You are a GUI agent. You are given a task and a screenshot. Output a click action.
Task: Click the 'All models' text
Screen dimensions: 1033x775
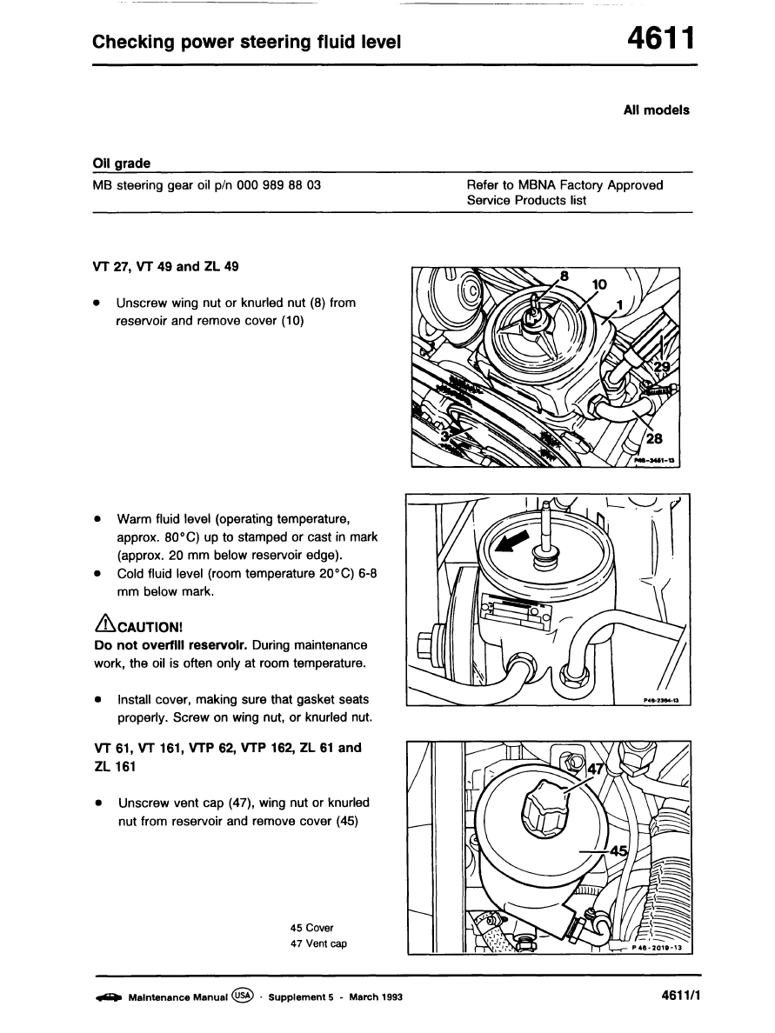click(x=656, y=110)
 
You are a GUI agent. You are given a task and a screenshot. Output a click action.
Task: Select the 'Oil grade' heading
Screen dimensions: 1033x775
click(x=122, y=163)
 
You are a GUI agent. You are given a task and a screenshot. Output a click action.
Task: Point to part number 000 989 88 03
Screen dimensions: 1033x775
click(x=278, y=185)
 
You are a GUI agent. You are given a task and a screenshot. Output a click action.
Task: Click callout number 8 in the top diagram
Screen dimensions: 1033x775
click(x=564, y=276)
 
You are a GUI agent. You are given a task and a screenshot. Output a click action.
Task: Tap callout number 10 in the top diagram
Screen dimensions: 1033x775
click(x=600, y=285)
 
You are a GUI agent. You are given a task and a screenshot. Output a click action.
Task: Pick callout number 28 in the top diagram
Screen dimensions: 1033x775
click(x=654, y=439)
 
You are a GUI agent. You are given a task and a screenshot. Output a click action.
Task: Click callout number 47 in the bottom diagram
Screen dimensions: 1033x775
click(x=597, y=769)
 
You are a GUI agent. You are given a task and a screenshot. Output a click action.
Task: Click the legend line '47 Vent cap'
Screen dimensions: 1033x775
click(x=319, y=944)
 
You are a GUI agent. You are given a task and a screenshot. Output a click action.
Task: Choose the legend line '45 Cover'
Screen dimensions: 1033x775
click(x=312, y=928)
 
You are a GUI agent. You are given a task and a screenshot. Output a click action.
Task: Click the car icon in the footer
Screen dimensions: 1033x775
click(x=108, y=997)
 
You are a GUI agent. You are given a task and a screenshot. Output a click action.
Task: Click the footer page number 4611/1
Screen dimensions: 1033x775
click(x=674, y=996)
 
